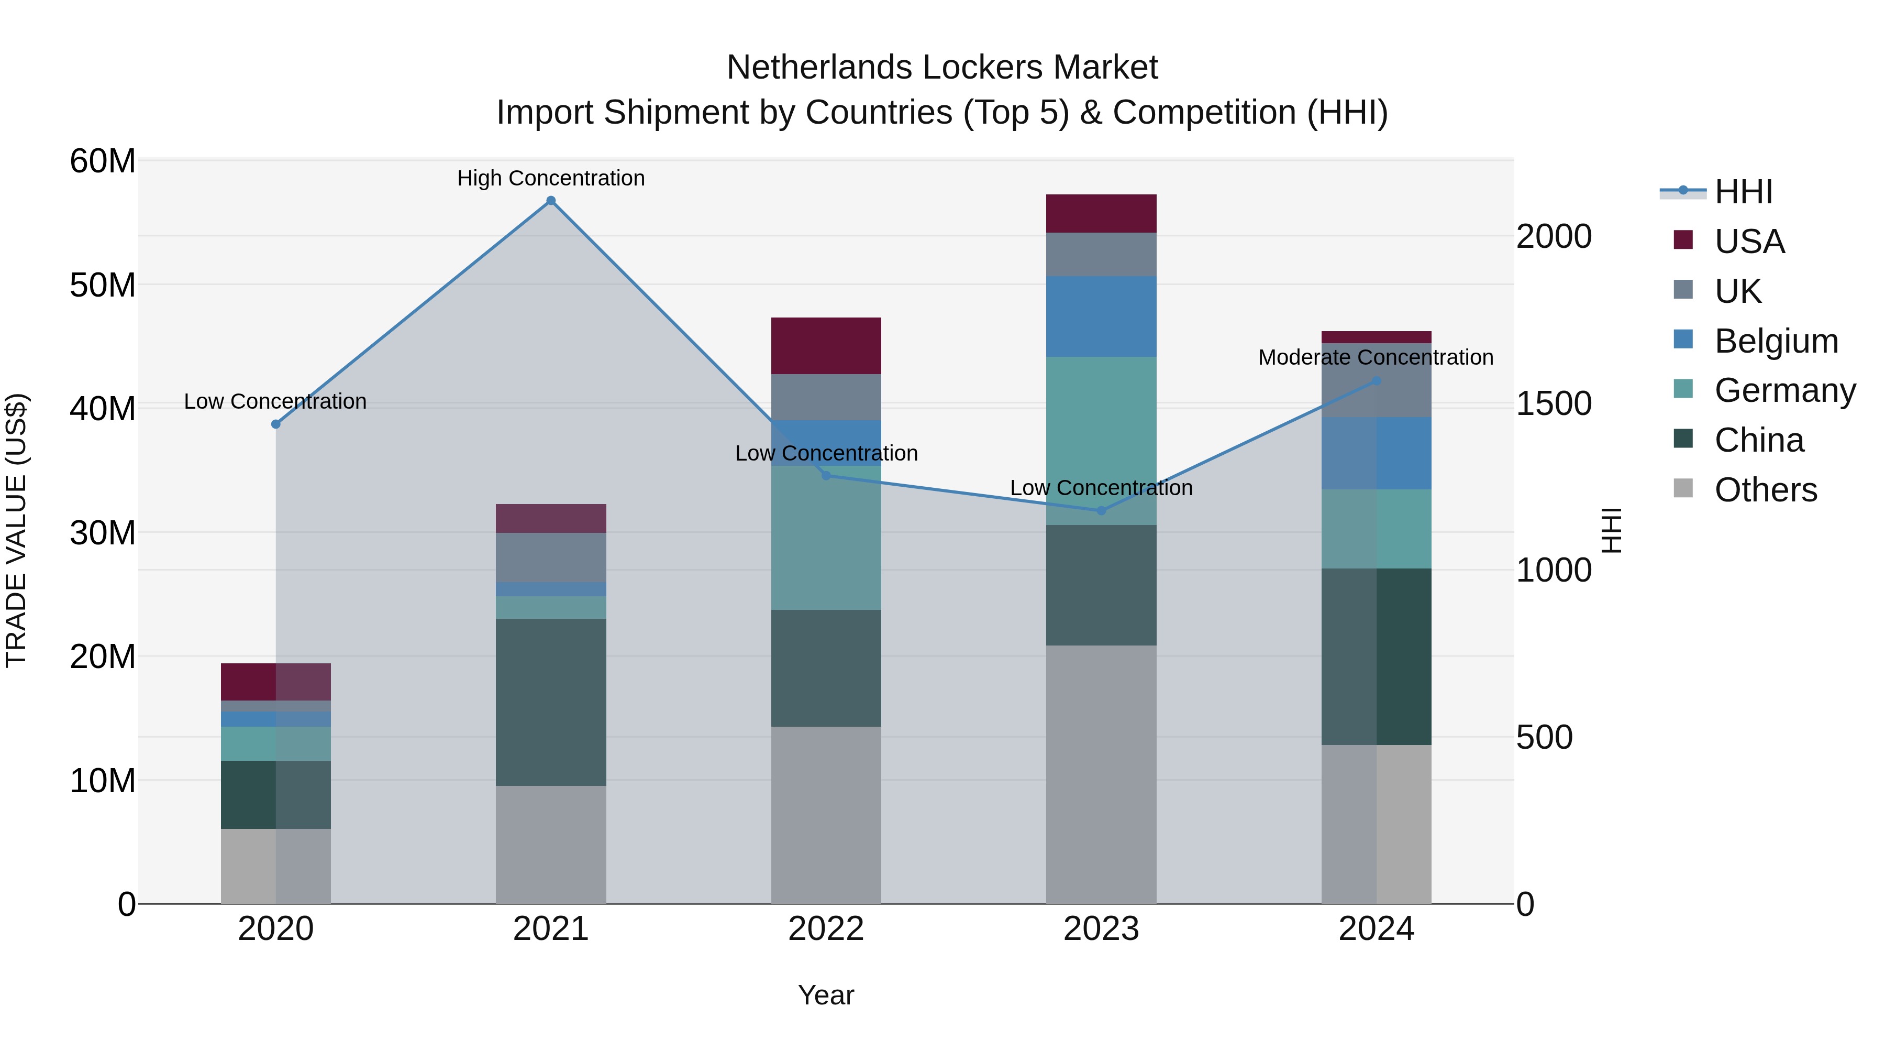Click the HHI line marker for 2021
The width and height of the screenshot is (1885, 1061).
[551, 201]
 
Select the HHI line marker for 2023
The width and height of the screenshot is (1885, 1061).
[1101, 510]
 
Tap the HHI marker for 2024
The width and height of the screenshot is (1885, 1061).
[1377, 381]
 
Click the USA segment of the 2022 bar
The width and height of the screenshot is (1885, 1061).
[826, 346]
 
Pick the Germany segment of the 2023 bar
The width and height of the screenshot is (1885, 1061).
[1101, 440]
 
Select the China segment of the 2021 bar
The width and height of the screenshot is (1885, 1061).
[551, 702]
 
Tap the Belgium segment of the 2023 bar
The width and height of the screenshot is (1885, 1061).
[1101, 316]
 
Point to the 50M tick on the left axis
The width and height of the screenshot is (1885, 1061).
[103, 285]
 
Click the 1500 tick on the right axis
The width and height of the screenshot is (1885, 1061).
[1554, 403]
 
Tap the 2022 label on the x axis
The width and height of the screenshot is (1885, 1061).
[826, 929]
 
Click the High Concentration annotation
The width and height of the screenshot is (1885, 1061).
[551, 178]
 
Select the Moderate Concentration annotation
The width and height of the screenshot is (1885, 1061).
[1376, 357]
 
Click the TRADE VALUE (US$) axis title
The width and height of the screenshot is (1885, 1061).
[17, 530]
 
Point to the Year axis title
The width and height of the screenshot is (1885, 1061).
[826, 995]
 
